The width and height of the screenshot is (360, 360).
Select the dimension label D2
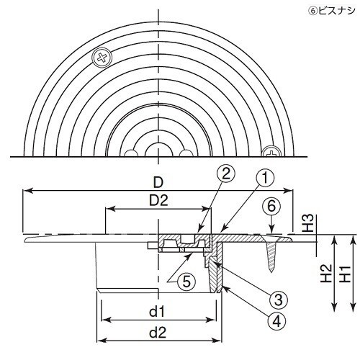pyautogui.click(x=158, y=199)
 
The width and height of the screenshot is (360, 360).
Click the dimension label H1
pyautogui.click(x=347, y=274)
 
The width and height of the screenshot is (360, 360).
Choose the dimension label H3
pyautogui.click(x=305, y=225)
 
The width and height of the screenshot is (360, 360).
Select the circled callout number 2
pyautogui.click(x=225, y=173)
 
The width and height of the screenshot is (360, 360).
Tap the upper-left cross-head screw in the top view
pyautogui.click(x=103, y=56)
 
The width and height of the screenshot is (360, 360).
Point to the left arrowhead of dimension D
pyautogui.click(x=27, y=191)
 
